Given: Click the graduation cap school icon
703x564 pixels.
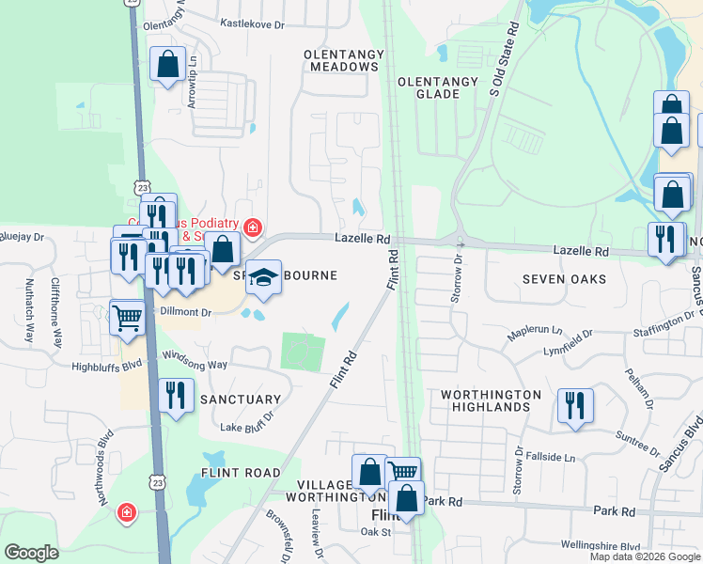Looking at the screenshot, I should tap(263, 277).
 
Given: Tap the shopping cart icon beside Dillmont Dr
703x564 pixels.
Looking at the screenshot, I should tap(126, 316).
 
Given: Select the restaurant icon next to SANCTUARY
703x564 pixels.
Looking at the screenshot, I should tap(176, 395).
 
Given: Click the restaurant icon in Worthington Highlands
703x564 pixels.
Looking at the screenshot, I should tap(574, 405).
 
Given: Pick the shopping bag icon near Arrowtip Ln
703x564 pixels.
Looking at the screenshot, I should tap(167, 65).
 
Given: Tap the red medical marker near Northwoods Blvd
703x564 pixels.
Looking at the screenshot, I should tap(126, 513).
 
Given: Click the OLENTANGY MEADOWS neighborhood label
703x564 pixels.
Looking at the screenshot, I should tap(340, 60).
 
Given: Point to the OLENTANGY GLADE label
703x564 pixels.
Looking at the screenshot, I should tap(438, 88).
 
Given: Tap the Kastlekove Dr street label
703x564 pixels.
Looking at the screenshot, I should tap(251, 22).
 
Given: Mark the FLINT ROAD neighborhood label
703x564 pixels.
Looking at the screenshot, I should tap(240, 473).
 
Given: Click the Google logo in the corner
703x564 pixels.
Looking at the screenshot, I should tap(32, 552).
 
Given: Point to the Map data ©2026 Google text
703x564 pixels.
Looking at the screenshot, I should tap(645, 556).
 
